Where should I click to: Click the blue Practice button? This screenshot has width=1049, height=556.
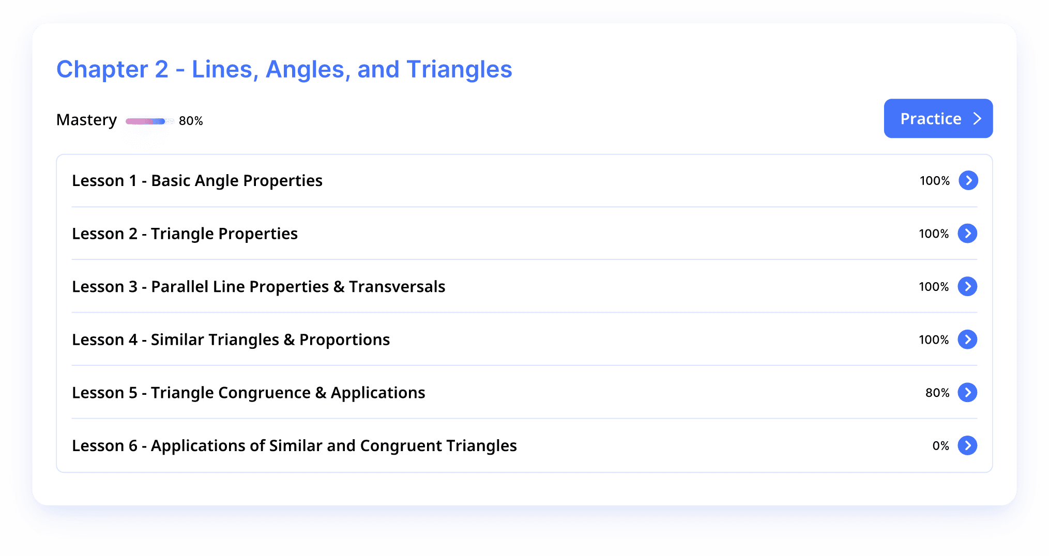tap(938, 118)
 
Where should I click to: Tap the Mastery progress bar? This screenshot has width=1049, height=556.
tap(149, 121)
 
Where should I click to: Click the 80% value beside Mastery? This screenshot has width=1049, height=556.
tap(191, 121)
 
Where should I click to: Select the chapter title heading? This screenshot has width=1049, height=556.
tap(284, 69)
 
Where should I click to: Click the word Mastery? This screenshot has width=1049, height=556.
tap(87, 120)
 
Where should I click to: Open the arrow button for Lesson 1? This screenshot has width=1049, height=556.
tap(968, 180)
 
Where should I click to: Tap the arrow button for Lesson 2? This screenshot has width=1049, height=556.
tap(967, 234)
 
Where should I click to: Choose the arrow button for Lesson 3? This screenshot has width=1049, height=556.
tap(967, 286)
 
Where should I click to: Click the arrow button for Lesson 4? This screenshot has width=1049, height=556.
tap(967, 339)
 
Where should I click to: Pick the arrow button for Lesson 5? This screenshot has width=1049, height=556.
tap(967, 393)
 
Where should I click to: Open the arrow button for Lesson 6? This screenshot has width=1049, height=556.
tap(967, 445)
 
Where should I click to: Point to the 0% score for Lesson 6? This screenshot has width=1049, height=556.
tap(941, 446)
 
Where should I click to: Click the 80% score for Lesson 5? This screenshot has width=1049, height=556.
tap(937, 393)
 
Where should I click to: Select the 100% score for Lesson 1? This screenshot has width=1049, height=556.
tap(935, 181)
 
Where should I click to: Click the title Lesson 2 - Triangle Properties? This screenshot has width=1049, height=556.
tap(185, 234)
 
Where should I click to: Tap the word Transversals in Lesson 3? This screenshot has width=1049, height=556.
tap(397, 287)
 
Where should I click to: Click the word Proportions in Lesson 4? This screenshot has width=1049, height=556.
tap(344, 340)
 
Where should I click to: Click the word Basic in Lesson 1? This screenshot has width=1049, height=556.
tap(171, 181)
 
